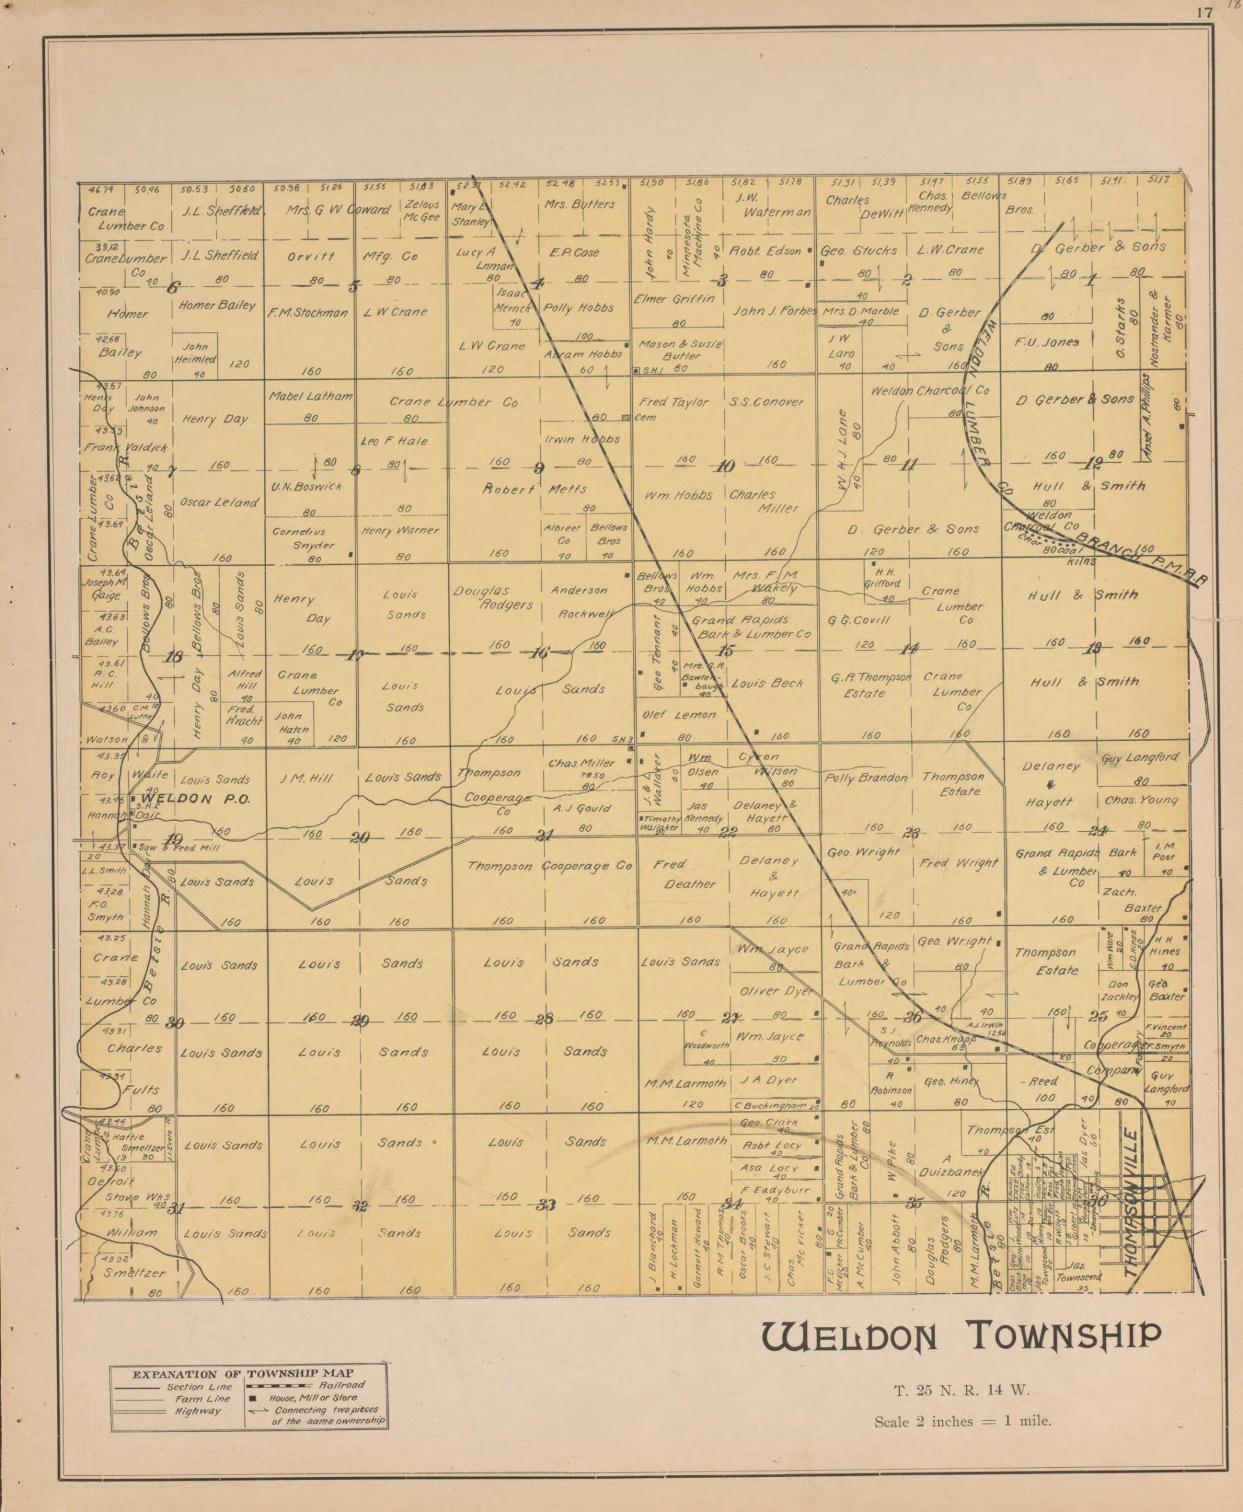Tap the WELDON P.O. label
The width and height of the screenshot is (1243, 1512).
pyautogui.click(x=195, y=799)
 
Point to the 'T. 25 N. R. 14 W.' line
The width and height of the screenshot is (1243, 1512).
pyautogui.click(x=961, y=1392)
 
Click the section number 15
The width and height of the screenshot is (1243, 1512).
pyautogui.click(x=725, y=651)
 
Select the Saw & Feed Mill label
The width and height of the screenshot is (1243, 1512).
pyautogui.click(x=179, y=847)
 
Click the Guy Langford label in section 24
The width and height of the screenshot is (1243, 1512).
pyautogui.click(x=1141, y=757)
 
